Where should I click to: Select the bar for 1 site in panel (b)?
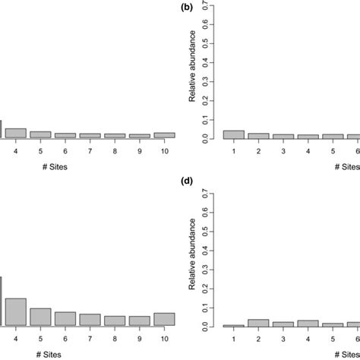(233, 134)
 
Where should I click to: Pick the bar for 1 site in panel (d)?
(233, 326)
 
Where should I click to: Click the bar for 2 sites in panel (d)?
(258, 323)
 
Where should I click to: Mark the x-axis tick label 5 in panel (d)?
(332, 339)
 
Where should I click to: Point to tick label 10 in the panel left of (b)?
(164, 152)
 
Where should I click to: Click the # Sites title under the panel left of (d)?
(90, 355)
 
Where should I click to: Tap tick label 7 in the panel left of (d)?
(90, 339)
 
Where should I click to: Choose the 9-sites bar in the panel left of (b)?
(139, 137)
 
